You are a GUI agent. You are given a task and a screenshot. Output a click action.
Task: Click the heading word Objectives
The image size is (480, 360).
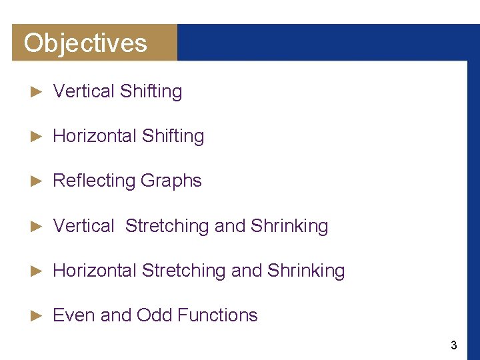coord(85,43)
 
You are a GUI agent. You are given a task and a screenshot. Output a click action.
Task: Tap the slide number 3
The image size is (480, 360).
coord(454,345)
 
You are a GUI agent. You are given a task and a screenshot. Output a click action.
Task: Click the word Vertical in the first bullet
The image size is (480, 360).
coord(84,91)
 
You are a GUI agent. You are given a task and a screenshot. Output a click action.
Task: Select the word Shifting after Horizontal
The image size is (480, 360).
coord(173,137)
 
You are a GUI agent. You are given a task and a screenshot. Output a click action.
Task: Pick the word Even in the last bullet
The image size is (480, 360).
coord(73,315)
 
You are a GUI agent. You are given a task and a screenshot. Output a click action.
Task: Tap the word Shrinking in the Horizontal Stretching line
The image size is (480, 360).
coord(306,271)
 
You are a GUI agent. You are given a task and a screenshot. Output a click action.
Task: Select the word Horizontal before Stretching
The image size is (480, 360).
coord(95,271)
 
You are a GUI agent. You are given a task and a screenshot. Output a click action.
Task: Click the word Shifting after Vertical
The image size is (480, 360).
coord(151,92)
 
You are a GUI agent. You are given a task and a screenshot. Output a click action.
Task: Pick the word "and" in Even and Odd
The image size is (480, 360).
coord(115,315)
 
